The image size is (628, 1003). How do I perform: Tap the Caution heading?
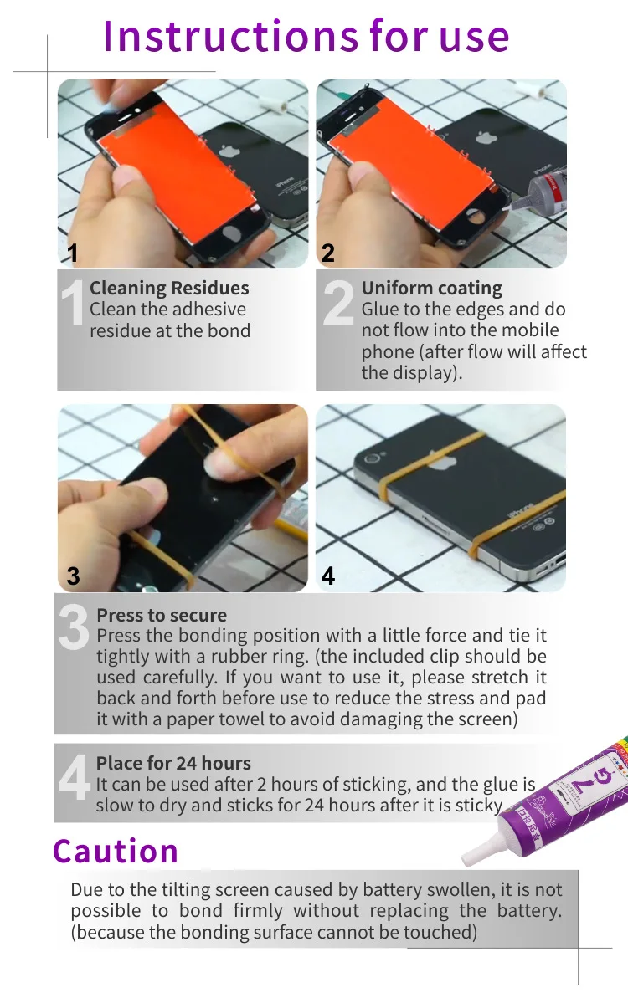point(116,852)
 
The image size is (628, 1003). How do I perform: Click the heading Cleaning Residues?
point(169,288)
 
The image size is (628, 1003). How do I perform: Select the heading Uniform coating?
point(431,289)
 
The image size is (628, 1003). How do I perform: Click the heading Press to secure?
point(162,615)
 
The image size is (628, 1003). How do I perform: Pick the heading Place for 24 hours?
point(172,763)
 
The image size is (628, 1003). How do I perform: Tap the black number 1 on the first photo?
point(73,253)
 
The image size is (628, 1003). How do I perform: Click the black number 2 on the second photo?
point(327,253)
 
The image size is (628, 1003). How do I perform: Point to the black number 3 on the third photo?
point(74,576)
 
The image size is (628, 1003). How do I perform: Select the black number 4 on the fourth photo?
point(327,576)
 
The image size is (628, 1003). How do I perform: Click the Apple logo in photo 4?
point(439,460)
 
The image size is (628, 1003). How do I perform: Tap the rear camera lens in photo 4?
point(372,458)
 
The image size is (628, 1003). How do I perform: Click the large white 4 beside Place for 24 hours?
point(74,776)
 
